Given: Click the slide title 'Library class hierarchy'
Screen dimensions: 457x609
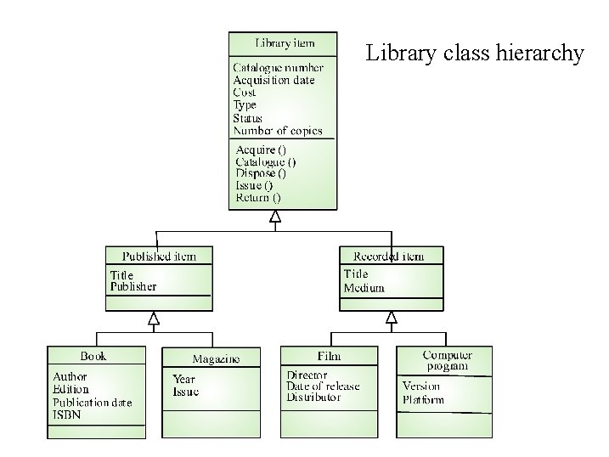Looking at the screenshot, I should [475, 54].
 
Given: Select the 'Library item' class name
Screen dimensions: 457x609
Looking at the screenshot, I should [285, 42].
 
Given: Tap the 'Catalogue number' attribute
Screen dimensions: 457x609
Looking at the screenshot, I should [278, 67].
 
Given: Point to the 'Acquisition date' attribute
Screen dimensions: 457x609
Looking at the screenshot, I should [273, 80].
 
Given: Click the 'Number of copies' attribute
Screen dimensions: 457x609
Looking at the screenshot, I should [278, 131].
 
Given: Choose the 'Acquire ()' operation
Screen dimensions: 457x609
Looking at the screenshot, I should [261, 150].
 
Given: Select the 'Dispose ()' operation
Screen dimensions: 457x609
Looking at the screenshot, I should [261, 173].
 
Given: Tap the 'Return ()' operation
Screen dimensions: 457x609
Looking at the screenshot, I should [258, 197].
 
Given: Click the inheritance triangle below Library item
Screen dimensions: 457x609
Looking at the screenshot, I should [275, 217].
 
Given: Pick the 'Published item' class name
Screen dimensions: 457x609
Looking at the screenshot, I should [159, 256].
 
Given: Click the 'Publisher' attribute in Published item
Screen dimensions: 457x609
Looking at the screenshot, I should [133, 286].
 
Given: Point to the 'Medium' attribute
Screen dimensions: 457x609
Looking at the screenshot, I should [364, 288].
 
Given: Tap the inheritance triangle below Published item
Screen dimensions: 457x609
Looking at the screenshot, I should [154, 319].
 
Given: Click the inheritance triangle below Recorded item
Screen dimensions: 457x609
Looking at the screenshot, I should [392, 318].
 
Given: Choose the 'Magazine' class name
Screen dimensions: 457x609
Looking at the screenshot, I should [216, 358].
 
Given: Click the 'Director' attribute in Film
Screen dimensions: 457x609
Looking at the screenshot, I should [307, 374].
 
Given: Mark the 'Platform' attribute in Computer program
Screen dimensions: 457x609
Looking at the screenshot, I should [423, 398].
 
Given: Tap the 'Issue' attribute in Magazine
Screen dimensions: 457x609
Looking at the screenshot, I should [186, 392].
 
